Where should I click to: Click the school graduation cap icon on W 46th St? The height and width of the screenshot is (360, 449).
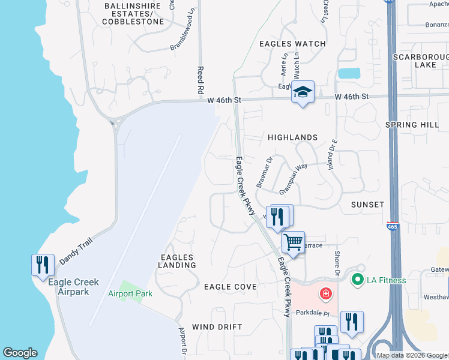click(303, 92)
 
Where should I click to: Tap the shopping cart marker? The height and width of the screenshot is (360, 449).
click(293, 243)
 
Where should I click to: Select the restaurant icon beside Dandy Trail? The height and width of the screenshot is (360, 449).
click(42, 265)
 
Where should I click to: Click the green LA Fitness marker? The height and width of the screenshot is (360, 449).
click(358, 280)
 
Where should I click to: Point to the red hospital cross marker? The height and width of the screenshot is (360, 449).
click(325, 293)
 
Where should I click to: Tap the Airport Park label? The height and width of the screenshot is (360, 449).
click(130, 293)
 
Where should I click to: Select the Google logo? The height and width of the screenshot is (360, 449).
click(20, 353)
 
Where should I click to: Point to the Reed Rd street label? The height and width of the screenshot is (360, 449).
click(200, 80)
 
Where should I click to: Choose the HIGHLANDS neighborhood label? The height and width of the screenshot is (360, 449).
click(292, 137)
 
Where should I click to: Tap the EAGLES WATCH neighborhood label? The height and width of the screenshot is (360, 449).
click(292, 44)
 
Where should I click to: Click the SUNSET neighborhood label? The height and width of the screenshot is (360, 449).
click(367, 205)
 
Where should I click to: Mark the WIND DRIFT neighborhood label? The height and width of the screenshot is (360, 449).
click(217, 327)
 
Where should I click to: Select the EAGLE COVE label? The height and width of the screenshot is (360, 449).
click(230, 287)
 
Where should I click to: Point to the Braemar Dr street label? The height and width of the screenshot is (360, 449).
click(265, 173)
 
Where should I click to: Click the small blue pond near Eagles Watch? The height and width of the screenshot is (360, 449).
click(349, 74)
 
